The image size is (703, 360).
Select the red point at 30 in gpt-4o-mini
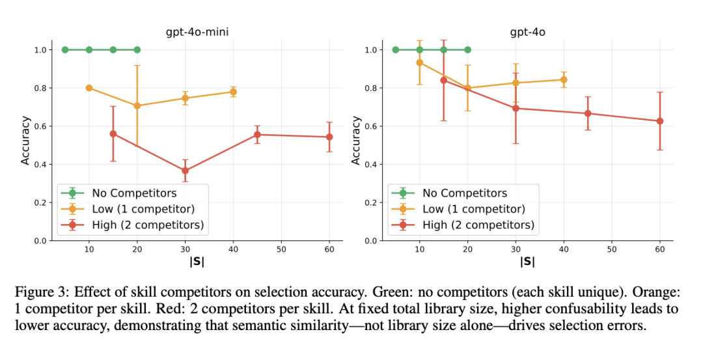[x=185, y=171]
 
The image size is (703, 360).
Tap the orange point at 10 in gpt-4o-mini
[x=89, y=88]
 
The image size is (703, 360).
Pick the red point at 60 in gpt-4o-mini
[x=329, y=137]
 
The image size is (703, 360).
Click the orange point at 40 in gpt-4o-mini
[x=233, y=92]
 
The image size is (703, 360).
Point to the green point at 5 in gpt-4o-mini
[x=65, y=49]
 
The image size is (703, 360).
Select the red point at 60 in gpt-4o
[x=659, y=121]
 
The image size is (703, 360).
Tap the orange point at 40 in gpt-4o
[x=564, y=79]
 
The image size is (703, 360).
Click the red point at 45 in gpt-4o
[x=588, y=113]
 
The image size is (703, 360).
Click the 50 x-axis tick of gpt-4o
[x=612, y=249]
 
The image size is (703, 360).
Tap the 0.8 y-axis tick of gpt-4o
[x=372, y=88]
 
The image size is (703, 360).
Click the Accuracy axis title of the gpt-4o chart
[x=356, y=140]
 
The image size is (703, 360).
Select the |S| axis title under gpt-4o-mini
[x=197, y=261]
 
